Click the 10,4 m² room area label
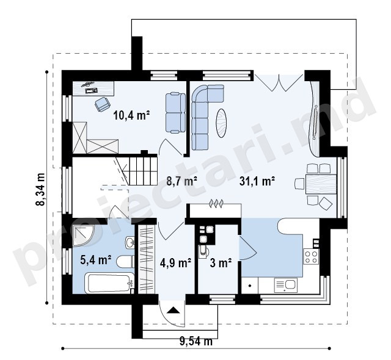[x=131, y=115]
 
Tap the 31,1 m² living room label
[x=257, y=181]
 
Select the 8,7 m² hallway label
[x=182, y=181]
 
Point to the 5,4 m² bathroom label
[x=96, y=260]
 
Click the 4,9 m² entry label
[x=175, y=262]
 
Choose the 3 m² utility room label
[x=221, y=262]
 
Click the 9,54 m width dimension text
[x=196, y=341]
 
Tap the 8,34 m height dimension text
[x=40, y=189]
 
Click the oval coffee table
[x=221, y=123]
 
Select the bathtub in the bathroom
[x=110, y=283]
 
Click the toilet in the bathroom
[x=125, y=261]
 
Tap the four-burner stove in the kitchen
[x=311, y=257]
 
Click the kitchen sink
[x=286, y=286]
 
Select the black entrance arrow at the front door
[x=174, y=310]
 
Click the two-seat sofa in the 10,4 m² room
[x=175, y=112]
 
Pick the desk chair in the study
[x=103, y=104]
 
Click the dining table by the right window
[x=321, y=184]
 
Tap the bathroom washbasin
[x=130, y=242]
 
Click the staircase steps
[x=143, y=170]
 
